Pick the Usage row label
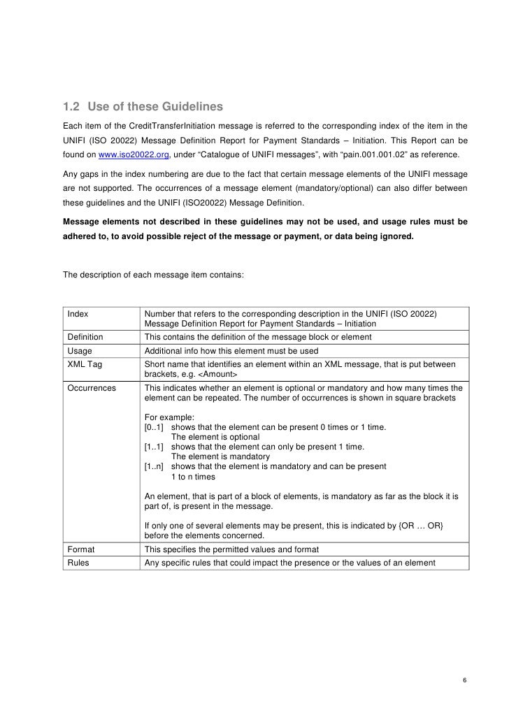click(80, 351)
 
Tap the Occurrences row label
click(92, 387)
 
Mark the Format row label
click(81, 549)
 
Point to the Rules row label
click(78, 563)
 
